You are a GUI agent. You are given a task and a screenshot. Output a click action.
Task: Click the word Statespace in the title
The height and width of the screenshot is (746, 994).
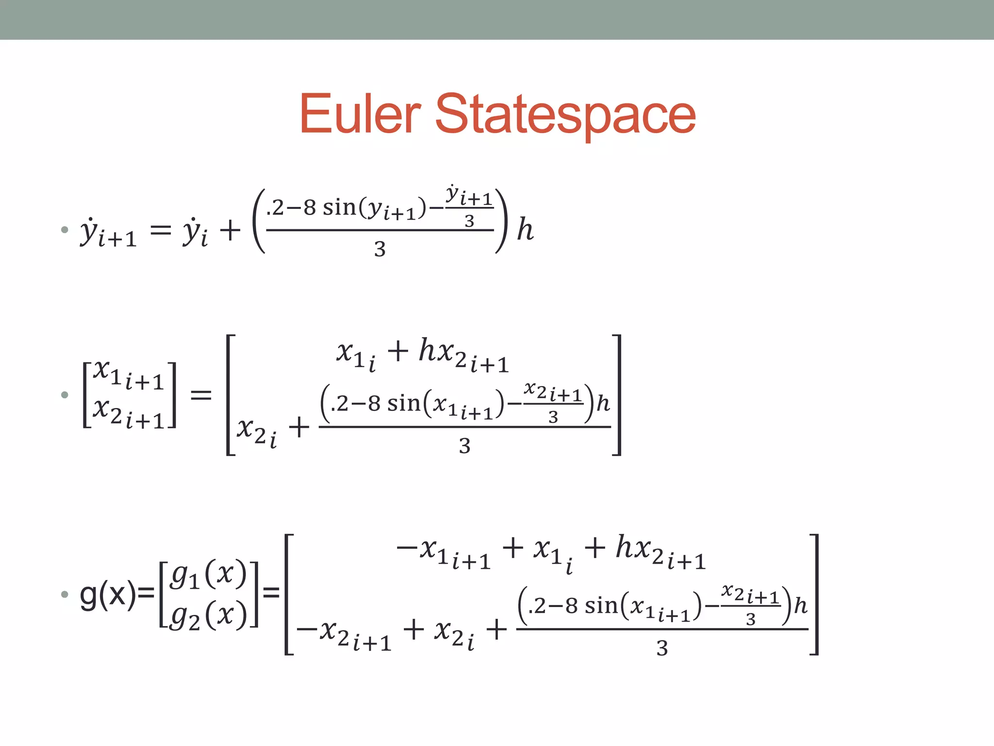[x=565, y=115]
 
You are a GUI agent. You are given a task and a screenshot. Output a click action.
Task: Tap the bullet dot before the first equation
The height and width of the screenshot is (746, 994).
[x=65, y=230]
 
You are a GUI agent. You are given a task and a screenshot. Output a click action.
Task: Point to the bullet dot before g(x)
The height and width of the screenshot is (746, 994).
[x=65, y=594]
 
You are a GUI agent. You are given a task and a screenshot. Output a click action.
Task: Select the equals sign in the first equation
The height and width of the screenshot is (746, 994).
[x=161, y=229]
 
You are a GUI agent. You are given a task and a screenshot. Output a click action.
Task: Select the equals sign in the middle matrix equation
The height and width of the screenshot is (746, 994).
[x=201, y=394]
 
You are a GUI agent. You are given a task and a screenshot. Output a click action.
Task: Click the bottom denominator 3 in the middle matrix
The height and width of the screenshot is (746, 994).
[x=464, y=446]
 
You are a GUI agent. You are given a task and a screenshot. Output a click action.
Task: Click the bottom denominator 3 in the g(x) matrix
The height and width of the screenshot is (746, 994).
[x=662, y=648]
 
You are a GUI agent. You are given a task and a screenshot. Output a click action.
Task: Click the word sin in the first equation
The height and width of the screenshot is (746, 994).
[x=339, y=208]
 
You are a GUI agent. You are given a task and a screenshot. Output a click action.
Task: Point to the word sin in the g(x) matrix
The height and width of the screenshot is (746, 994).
[x=601, y=606]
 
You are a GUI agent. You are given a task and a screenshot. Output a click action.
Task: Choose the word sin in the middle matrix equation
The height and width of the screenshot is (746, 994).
[x=403, y=404]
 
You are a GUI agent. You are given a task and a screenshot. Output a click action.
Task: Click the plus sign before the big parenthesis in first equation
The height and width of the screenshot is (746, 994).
[x=230, y=230]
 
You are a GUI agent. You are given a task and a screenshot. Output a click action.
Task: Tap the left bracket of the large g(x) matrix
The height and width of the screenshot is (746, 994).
[x=289, y=594]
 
